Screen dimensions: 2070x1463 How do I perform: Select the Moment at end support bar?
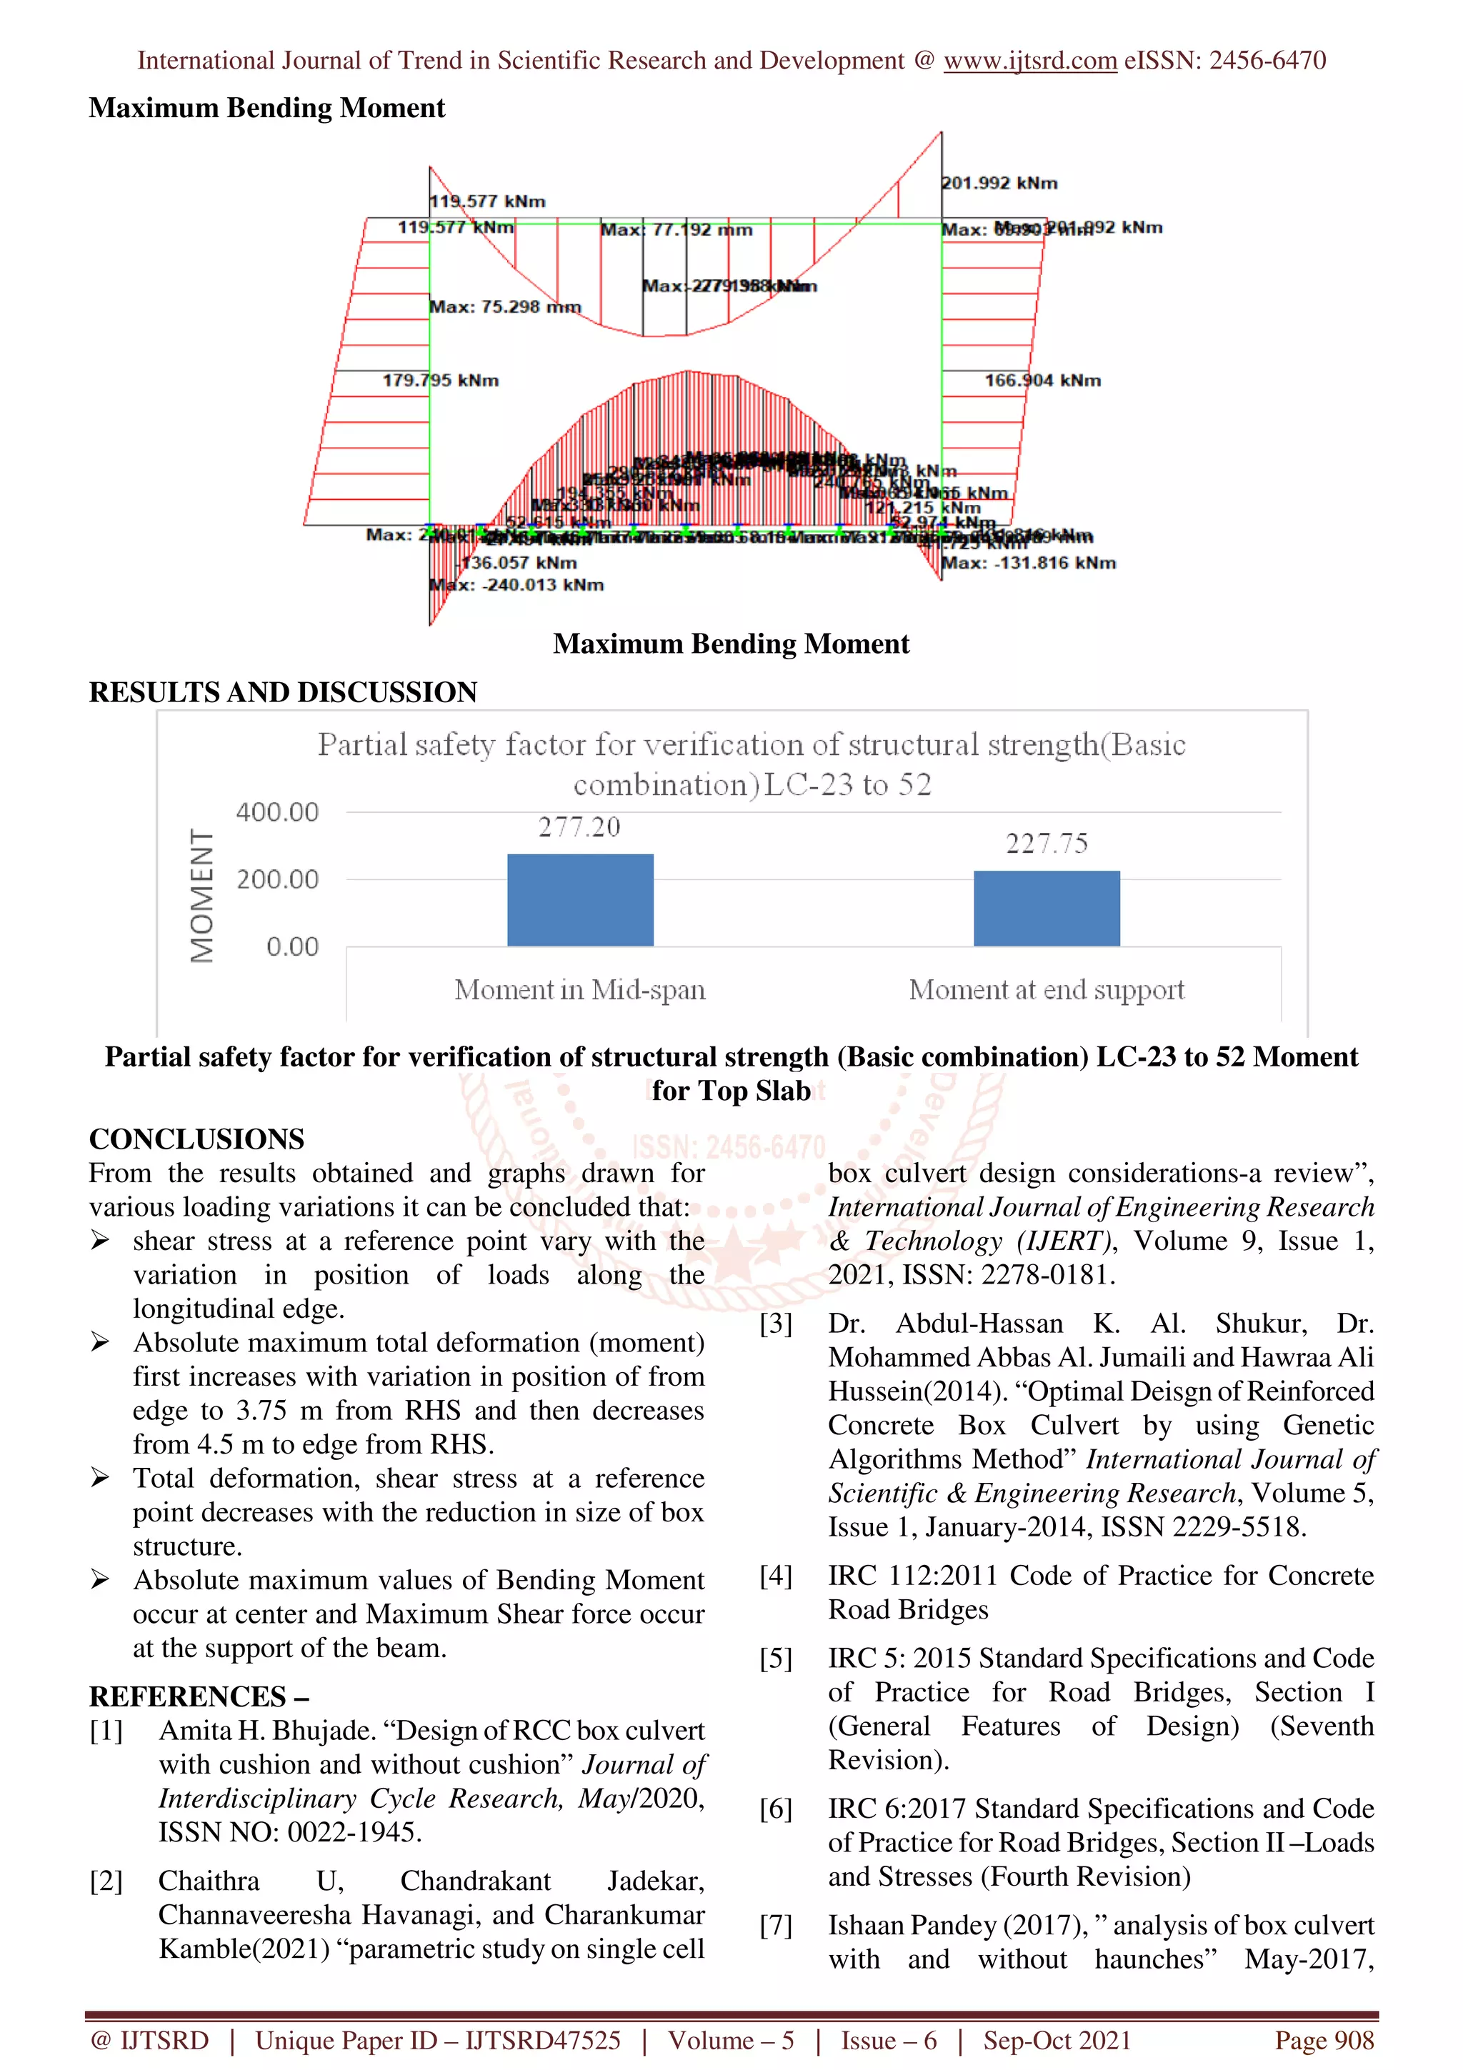(x=1046, y=908)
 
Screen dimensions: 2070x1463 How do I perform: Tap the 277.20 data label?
(x=579, y=826)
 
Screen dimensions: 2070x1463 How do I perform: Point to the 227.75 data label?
(x=1046, y=843)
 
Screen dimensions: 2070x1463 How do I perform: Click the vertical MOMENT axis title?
(x=202, y=895)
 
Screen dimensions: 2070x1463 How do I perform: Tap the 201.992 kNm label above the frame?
(x=999, y=183)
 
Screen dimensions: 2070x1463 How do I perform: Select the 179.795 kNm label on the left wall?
(x=440, y=381)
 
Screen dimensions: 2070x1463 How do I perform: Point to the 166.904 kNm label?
(x=1042, y=381)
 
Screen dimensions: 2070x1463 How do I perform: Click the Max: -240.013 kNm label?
(x=516, y=585)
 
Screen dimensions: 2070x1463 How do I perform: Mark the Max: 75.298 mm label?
(x=505, y=307)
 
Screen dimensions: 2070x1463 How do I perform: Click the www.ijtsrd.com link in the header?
(x=1029, y=61)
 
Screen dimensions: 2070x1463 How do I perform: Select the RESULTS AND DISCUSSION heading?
(x=283, y=692)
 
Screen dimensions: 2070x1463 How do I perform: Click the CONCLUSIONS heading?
(x=196, y=1139)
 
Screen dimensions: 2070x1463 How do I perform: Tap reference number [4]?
(x=775, y=1575)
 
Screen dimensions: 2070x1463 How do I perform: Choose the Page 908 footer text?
(x=1323, y=2040)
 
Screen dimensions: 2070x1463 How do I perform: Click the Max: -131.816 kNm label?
(x=1029, y=564)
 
